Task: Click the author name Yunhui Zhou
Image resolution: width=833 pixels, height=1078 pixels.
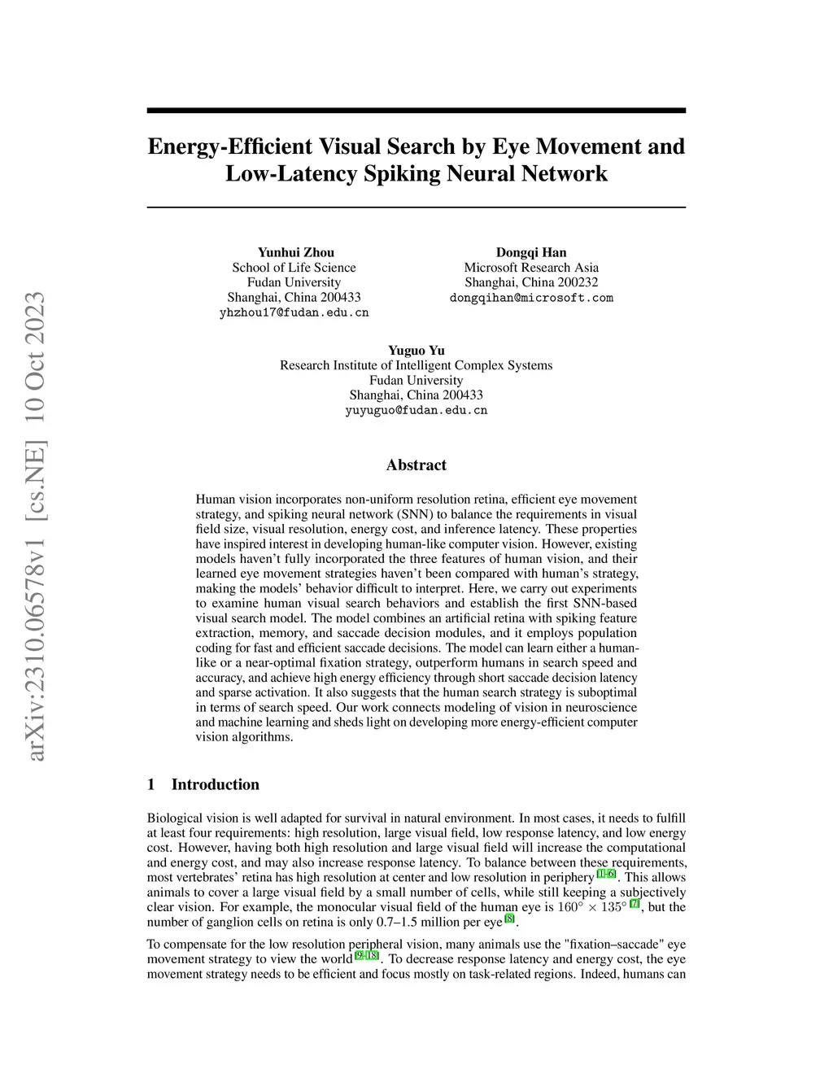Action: tap(295, 252)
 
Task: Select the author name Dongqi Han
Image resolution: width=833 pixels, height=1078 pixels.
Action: tap(531, 252)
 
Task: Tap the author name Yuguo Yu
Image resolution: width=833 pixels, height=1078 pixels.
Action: tap(416, 351)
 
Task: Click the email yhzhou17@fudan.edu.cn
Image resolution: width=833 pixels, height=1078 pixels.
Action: tap(294, 312)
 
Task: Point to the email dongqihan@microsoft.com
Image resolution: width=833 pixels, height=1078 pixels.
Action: tap(531, 298)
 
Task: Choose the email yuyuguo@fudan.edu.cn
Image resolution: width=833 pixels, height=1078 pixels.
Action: tap(416, 410)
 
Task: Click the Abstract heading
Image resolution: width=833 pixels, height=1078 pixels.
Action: tap(416, 465)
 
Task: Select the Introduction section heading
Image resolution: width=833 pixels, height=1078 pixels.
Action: tap(215, 784)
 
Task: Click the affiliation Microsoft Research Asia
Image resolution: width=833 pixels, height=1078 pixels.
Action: tap(531, 268)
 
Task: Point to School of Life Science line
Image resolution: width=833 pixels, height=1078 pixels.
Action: tap(294, 268)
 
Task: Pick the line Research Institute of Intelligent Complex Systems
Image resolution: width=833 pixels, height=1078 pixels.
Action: tap(416, 365)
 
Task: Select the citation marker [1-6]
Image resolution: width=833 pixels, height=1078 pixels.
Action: tap(606, 874)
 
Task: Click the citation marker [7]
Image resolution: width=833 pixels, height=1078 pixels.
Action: tap(635, 904)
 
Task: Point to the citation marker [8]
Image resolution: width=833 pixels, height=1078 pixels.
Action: tap(510, 919)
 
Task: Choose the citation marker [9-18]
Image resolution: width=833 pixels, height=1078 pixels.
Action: tap(367, 955)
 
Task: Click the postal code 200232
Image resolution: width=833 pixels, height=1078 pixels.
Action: tap(578, 282)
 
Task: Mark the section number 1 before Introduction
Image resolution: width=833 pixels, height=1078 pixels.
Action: tap(151, 784)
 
